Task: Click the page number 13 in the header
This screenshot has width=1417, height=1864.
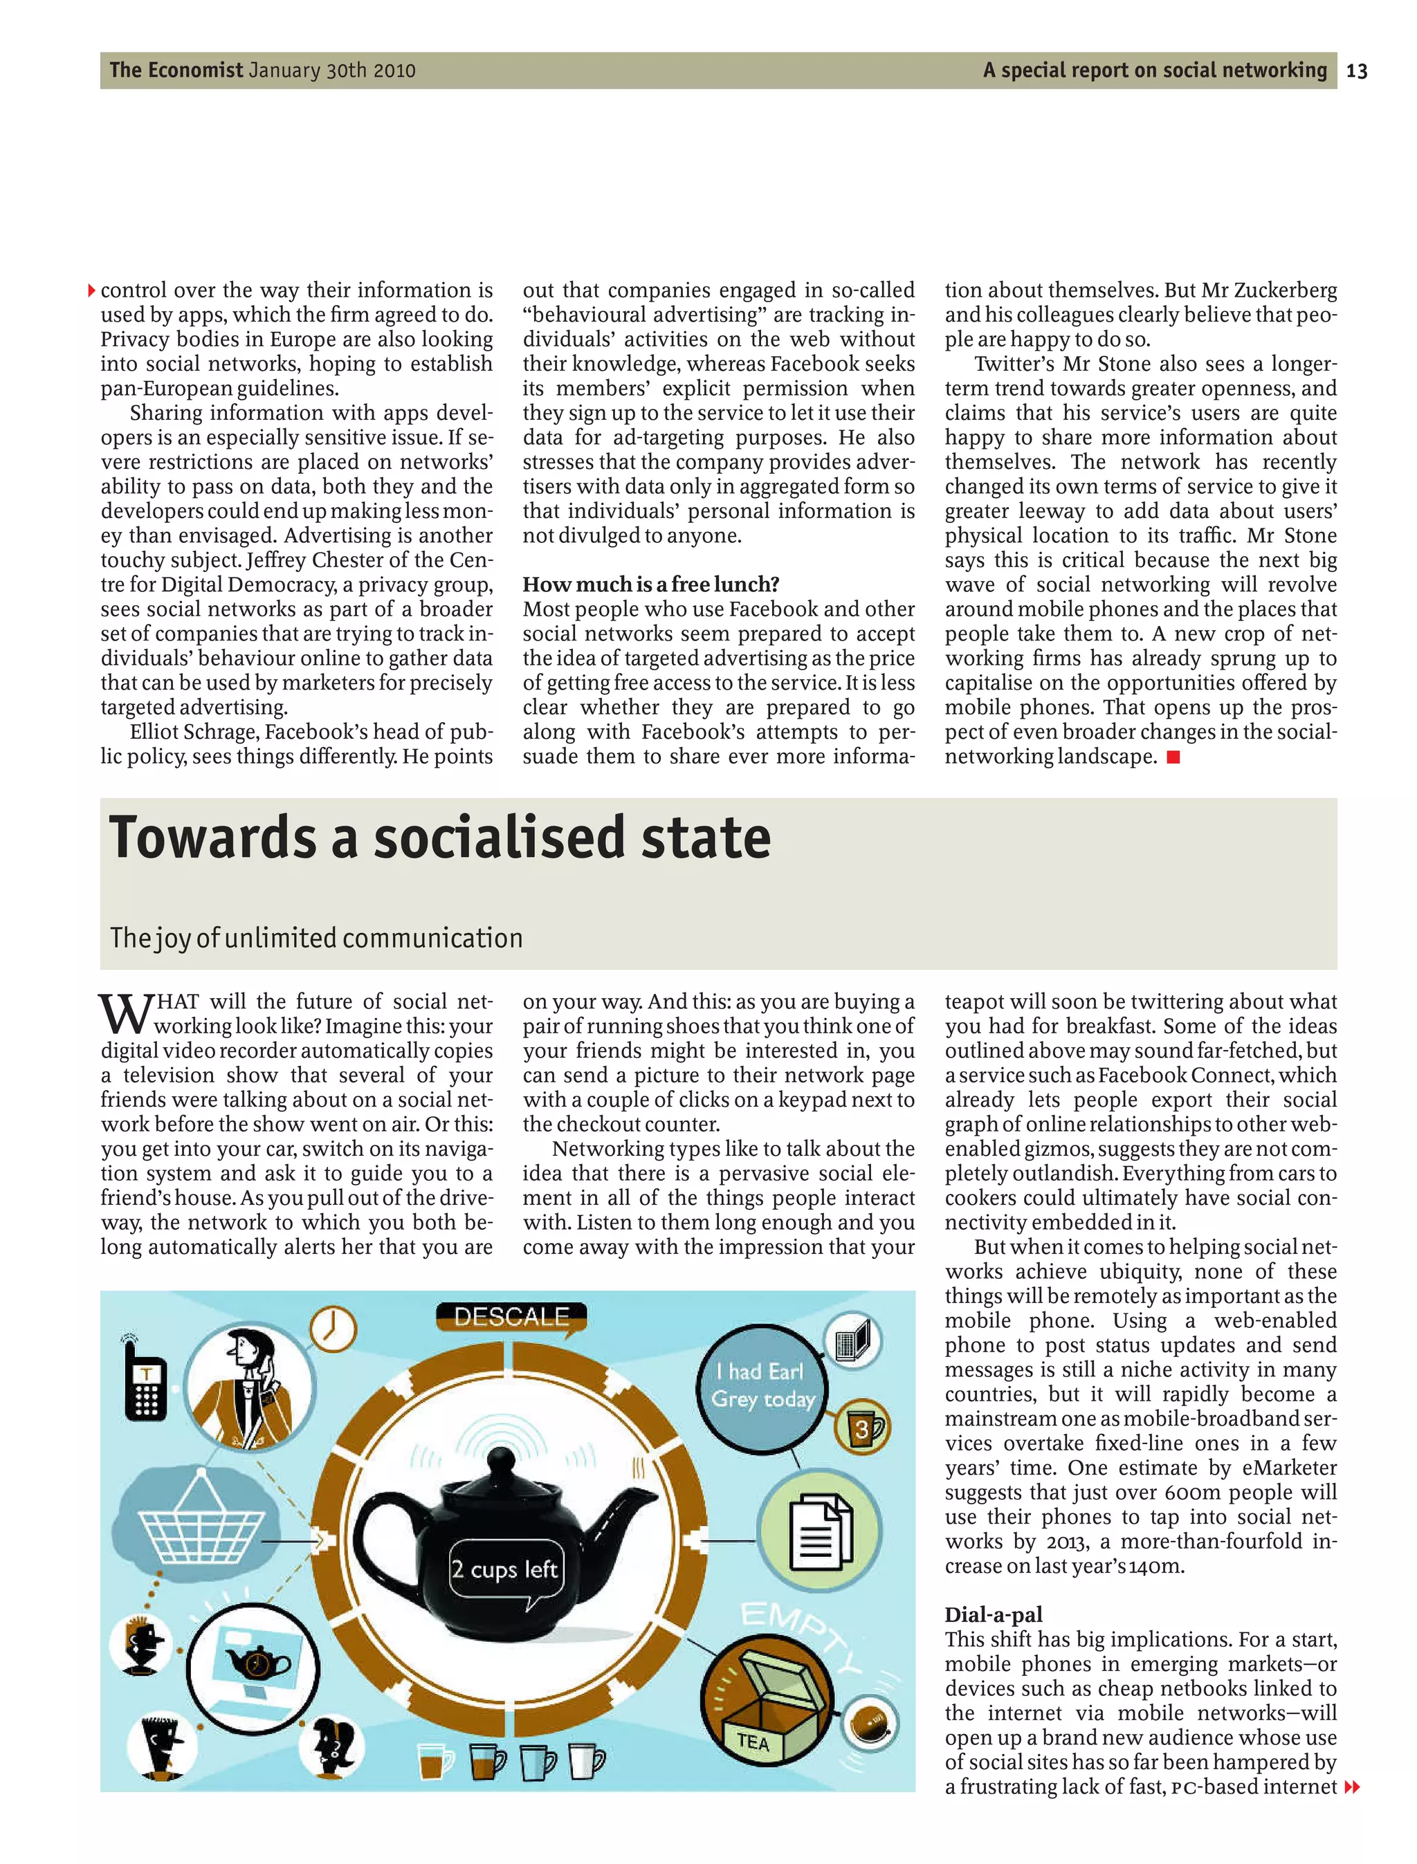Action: [x=1356, y=71]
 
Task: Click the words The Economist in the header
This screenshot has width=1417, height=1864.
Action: [x=176, y=70]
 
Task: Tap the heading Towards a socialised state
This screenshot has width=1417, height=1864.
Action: [x=439, y=838]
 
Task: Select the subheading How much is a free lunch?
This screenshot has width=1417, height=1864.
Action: [x=650, y=584]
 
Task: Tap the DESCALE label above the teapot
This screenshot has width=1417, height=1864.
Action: [x=511, y=1317]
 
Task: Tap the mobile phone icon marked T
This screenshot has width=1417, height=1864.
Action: [x=145, y=1386]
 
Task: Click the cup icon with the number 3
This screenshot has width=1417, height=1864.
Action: [x=862, y=1428]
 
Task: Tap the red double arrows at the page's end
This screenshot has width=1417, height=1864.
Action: [x=1352, y=1787]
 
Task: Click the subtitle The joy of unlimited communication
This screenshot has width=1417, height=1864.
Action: [x=316, y=937]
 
